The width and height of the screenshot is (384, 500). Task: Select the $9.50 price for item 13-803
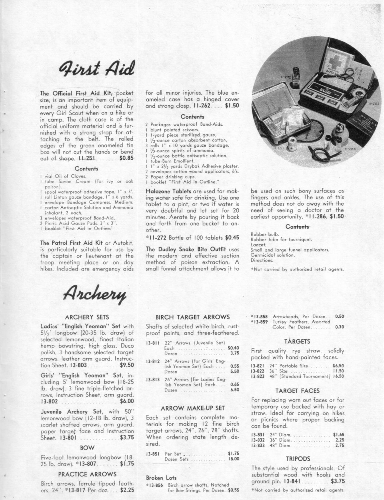click(x=127, y=365)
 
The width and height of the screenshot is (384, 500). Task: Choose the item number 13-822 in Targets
click(x=258, y=371)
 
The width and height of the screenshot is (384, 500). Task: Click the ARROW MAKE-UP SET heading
click(x=192, y=408)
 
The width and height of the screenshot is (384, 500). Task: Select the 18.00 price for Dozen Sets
click(x=233, y=459)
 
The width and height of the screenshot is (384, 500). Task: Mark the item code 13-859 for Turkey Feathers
click(x=260, y=322)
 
